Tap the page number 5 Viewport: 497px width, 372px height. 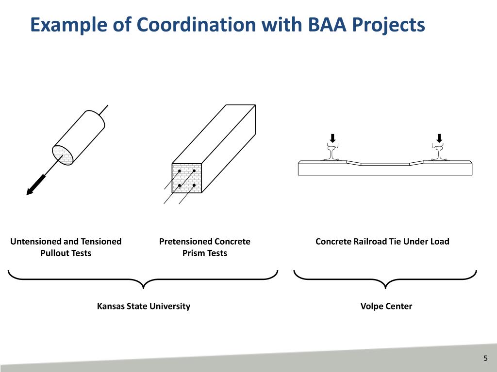coord(485,358)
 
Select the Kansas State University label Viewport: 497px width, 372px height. coord(144,306)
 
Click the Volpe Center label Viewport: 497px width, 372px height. coord(386,306)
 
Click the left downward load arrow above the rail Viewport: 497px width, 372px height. coord(332,138)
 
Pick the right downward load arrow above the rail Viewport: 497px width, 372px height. coord(439,138)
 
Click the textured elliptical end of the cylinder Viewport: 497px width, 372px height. coord(63,155)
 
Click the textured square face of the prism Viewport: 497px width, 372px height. coord(187,178)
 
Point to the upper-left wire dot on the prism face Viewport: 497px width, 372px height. coord(180,171)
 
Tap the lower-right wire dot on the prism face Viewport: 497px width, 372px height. coord(194,186)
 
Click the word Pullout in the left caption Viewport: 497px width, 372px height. coord(55,253)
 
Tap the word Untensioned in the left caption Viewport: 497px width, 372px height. coord(36,241)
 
